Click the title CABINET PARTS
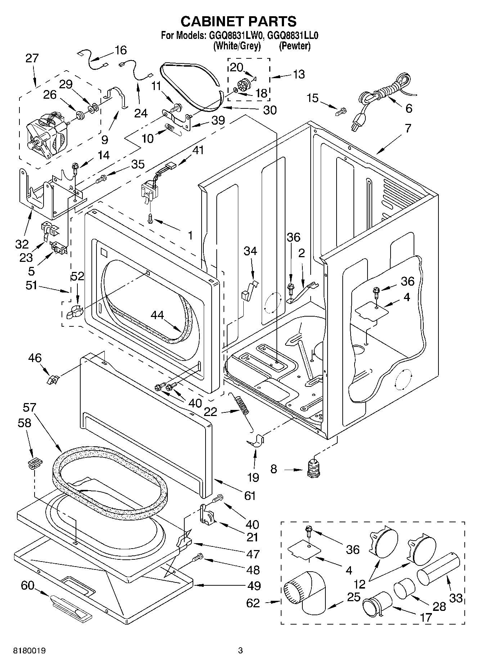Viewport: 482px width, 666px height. [x=238, y=21]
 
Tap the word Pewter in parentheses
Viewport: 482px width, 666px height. [x=294, y=46]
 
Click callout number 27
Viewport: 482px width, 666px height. [x=32, y=58]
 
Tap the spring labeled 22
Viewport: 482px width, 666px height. [x=243, y=405]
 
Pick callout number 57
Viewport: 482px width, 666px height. [x=30, y=407]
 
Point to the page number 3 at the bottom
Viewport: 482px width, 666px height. [x=240, y=651]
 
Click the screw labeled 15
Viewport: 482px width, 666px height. [x=340, y=112]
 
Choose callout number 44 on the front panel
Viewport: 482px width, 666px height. [x=157, y=315]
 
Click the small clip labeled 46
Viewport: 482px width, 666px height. [x=53, y=379]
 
